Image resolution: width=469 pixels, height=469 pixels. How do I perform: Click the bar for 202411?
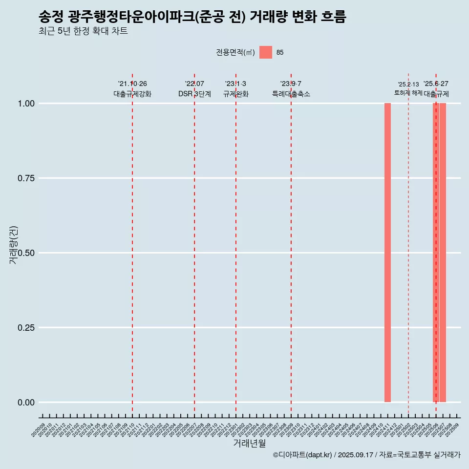(x=387, y=253)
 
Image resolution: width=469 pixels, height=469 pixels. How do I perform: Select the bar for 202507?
(x=443, y=253)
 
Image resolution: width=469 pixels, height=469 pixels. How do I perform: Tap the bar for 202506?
(x=435, y=253)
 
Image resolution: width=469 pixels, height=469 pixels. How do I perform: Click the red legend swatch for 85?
(x=265, y=52)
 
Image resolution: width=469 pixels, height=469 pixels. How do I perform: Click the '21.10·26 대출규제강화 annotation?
(x=132, y=89)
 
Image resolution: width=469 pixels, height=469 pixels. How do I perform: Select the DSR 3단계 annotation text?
(x=194, y=94)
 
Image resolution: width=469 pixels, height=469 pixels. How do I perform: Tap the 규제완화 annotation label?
(x=236, y=94)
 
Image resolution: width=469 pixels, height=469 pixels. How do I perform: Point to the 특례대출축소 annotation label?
(x=291, y=94)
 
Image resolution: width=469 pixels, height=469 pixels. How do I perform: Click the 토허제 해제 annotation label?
(x=408, y=93)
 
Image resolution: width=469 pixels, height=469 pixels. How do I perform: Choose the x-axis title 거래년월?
(x=250, y=444)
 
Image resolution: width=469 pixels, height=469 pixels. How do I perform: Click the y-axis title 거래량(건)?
(x=13, y=245)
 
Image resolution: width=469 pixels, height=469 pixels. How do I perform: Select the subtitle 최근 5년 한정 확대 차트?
(x=83, y=31)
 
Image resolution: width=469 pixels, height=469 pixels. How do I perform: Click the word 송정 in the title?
(x=51, y=17)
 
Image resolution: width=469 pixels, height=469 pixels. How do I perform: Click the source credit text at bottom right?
(x=366, y=455)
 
